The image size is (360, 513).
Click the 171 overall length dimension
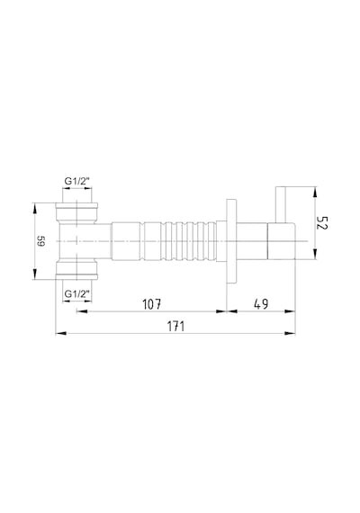point(176,326)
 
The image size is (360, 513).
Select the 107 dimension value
point(152,304)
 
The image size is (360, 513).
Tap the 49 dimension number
point(261,304)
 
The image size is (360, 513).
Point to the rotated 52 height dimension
point(322,223)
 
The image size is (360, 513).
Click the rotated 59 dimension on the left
point(41,241)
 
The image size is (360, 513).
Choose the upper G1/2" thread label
point(76,181)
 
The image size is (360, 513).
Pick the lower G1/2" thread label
point(76,293)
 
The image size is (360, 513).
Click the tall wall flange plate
point(230,241)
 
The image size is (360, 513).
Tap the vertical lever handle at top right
point(281,205)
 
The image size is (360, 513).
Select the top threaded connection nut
point(76,211)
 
